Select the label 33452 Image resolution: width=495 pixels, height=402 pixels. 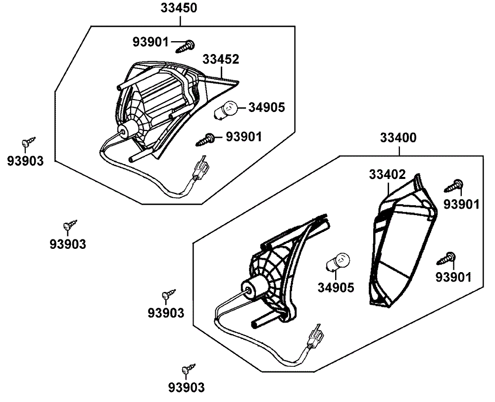click(221, 59)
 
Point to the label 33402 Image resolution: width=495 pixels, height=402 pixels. click(387, 174)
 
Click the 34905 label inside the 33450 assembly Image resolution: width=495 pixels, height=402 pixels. click(267, 107)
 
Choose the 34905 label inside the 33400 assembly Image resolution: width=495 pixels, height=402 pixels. click(336, 287)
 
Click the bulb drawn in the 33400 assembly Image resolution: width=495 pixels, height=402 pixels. click(338, 262)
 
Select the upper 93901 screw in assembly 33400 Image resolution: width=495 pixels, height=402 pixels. click(455, 186)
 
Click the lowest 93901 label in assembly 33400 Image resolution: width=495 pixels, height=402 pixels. click(453, 277)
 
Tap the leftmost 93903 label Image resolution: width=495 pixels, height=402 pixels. click(25, 161)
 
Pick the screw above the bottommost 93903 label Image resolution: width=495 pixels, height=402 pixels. click(188, 369)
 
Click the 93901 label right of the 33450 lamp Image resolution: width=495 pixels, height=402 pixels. click(244, 136)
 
